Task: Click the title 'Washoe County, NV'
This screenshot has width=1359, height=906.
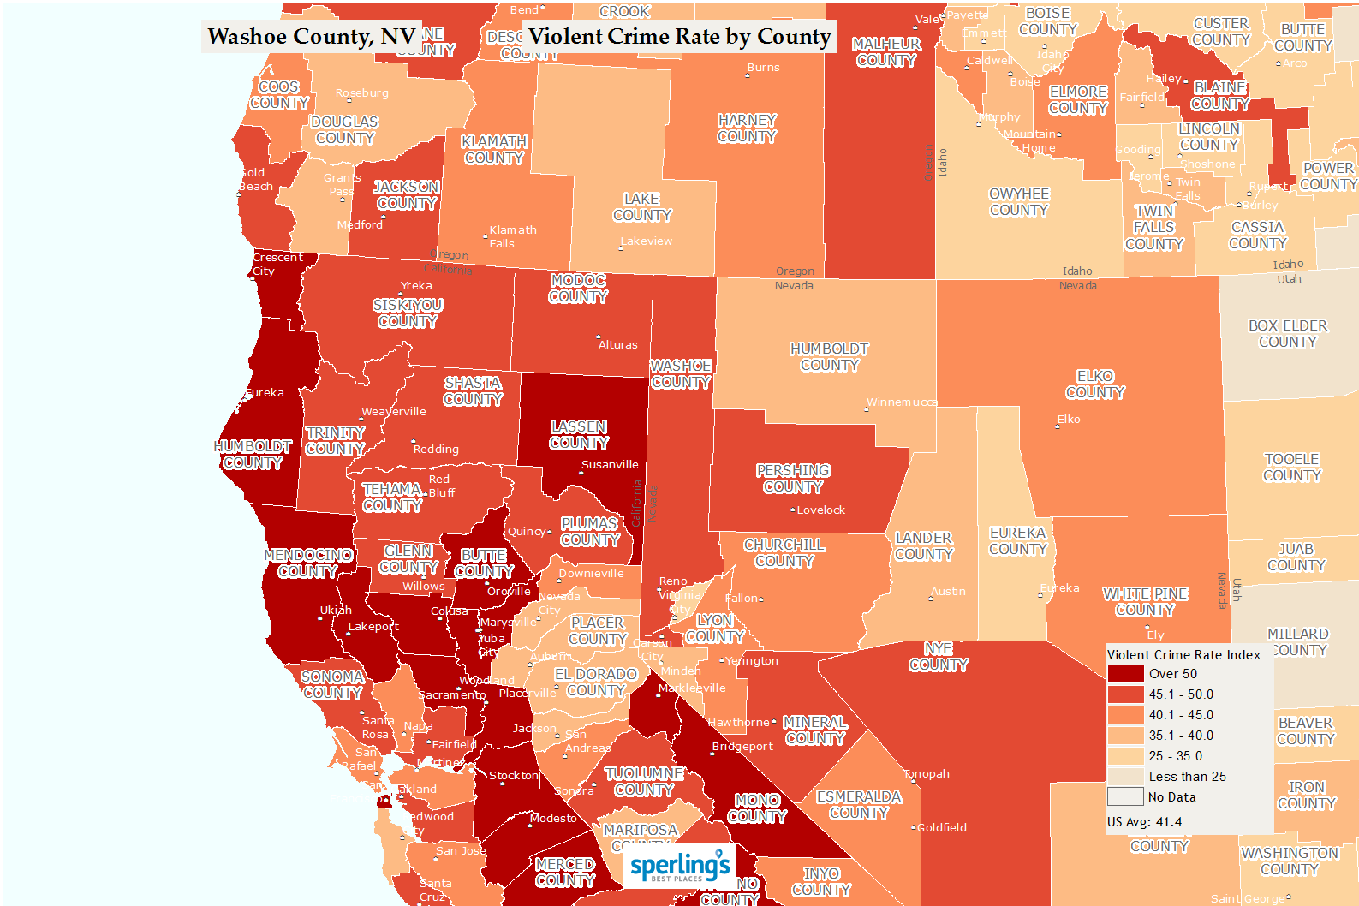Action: [312, 37]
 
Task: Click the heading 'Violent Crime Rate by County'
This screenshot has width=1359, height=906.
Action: [679, 37]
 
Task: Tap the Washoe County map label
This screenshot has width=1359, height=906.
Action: [681, 374]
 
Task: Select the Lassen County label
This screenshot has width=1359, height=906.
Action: [579, 435]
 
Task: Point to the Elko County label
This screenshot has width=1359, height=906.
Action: [1095, 384]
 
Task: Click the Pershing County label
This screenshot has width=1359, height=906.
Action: [793, 479]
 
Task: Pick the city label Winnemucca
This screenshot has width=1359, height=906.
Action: [902, 402]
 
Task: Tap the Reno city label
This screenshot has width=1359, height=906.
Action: [673, 581]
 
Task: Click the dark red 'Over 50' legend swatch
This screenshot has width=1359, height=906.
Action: [1125, 674]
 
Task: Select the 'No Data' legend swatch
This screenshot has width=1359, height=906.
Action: [1125, 797]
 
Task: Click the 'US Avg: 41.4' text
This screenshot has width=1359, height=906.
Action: [1144, 822]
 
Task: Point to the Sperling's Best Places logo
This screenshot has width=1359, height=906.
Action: [679, 867]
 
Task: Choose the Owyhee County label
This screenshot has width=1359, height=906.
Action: [1019, 202]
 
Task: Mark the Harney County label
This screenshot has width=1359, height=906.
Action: [747, 128]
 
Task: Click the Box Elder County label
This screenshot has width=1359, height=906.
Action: [1287, 334]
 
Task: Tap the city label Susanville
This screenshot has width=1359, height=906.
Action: [610, 465]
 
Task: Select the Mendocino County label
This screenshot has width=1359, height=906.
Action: [308, 563]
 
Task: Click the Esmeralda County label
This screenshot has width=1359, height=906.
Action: [859, 805]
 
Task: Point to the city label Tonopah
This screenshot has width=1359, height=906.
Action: [927, 774]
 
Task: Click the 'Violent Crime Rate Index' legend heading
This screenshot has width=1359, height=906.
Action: [1183, 655]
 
